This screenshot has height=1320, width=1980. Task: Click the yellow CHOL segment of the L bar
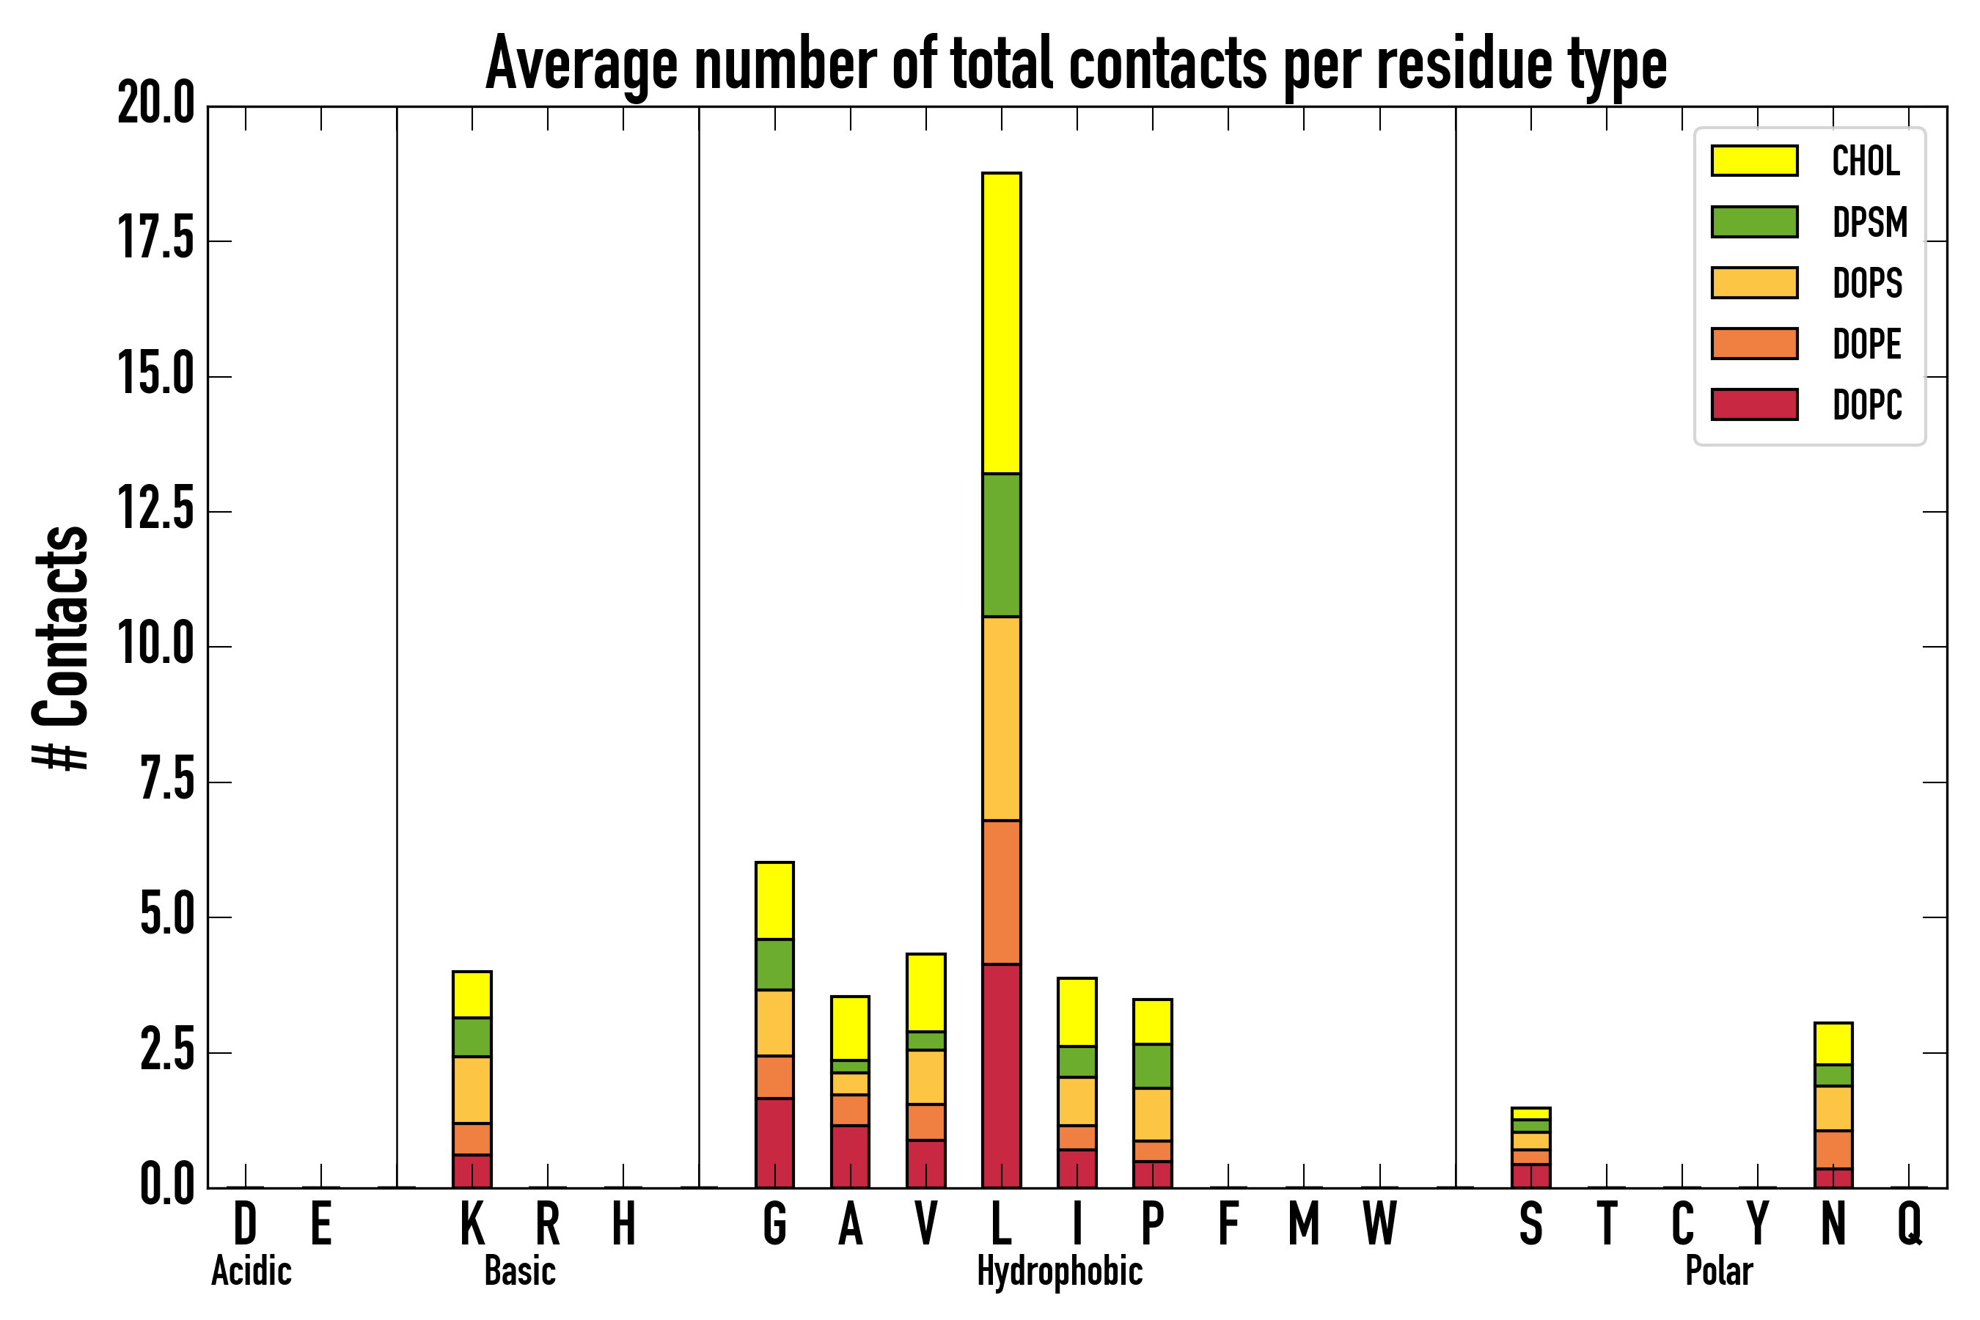click(x=1002, y=323)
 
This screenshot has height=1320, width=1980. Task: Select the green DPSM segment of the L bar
click(x=1002, y=546)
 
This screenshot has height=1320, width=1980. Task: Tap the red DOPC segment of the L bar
click(x=1002, y=1076)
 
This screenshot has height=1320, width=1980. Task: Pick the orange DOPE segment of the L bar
click(x=1002, y=892)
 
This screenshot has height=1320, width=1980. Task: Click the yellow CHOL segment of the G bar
click(x=774, y=901)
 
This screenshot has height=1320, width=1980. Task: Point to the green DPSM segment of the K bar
click(x=472, y=1037)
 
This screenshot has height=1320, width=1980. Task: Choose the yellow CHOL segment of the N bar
click(x=1833, y=1044)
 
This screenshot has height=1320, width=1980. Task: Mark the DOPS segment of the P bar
click(x=1153, y=1115)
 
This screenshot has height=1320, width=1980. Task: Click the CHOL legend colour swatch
click(x=1754, y=161)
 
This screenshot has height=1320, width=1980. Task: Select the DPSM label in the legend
click(x=1870, y=222)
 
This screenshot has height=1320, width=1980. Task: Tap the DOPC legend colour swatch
click(x=1754, y=404)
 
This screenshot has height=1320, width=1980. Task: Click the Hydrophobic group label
click(x=1060, y=1271)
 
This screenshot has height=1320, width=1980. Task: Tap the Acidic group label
click(x=251, y=1271)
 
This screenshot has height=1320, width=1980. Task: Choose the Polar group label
click(x=1719, y=1271)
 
